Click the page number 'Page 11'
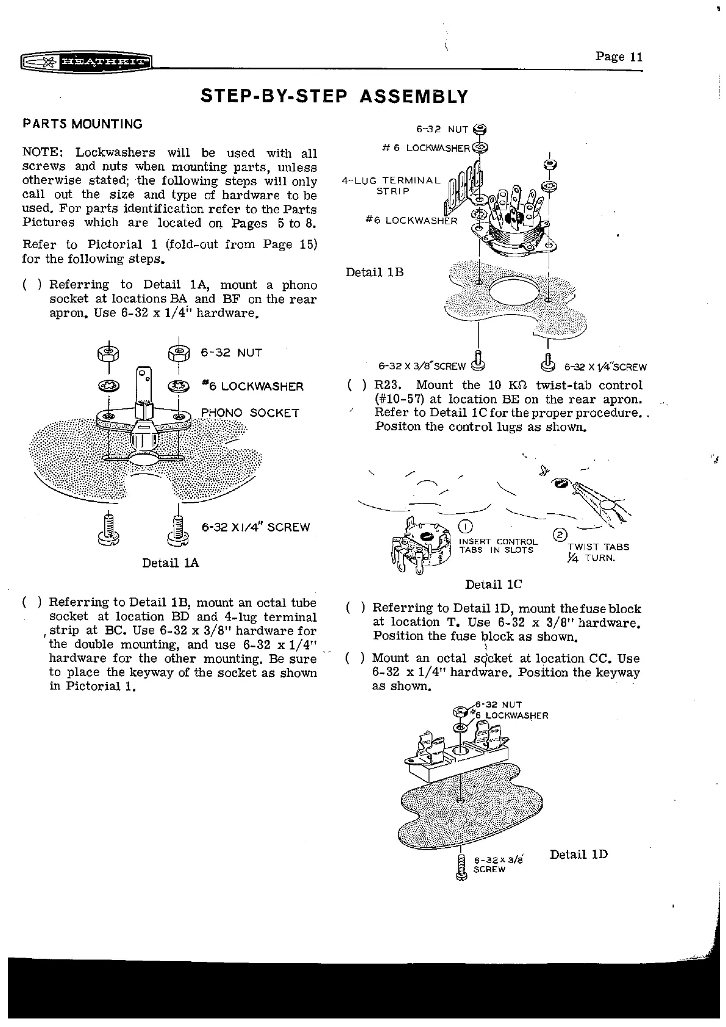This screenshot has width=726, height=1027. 619,57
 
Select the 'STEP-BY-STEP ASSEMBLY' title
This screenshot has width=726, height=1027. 335,97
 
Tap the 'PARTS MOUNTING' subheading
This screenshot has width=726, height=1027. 82,124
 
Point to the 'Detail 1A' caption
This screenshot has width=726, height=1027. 171,563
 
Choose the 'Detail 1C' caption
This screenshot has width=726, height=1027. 493,585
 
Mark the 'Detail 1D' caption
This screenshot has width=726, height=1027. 578,854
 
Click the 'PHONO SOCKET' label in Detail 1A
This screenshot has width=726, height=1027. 250,413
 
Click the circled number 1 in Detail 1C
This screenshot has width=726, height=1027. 464,527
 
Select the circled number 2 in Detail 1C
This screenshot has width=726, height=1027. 558,536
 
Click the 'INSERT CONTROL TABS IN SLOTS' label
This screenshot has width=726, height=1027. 498,545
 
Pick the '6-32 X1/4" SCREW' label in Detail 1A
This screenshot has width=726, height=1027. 255,527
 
